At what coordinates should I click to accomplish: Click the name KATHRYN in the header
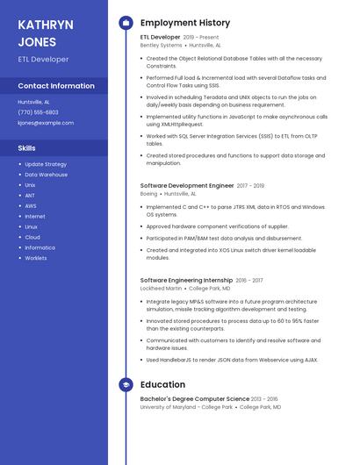pyautogui.click(x=46, y=24)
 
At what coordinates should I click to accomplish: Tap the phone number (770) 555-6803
pyautogui.click(x=38, y=112)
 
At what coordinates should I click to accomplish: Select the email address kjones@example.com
pyautogui.click(x=46, y=123)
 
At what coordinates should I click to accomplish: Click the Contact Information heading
pyautogui.click(x=56, y=86)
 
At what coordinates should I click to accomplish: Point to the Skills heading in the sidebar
pyautogui.click(x=27, y=148)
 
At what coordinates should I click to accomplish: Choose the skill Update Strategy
pyautogui.click(x=46, y=164)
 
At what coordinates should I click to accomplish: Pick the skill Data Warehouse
pyautogui.click(x=46, y=175)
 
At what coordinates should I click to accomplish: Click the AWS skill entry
pyautogui.click(x=31, y=206)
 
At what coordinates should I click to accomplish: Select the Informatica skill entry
pyautogui.click(x=40, y=248)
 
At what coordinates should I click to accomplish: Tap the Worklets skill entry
pyautogui.click(x=36, y=259)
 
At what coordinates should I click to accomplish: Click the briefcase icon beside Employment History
pyautogui.click(x=126, y=22)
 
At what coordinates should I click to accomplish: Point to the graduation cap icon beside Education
pyautogui.click(x=126, y=384)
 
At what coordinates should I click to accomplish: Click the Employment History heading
pyautogui.click(x=185, y=22)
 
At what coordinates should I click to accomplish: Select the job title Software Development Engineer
pyautogui.click(x=187, y=186)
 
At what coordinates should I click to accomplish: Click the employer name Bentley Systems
pyautogui.click(x=161, y=45)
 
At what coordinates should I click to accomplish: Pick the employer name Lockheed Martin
pyautogui.click(x=162, y=288)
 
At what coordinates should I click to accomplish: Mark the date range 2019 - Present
pyautogui.click(x=202, y=38)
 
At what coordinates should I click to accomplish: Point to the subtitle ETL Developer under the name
pyautogui.click(x=43, y=60)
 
